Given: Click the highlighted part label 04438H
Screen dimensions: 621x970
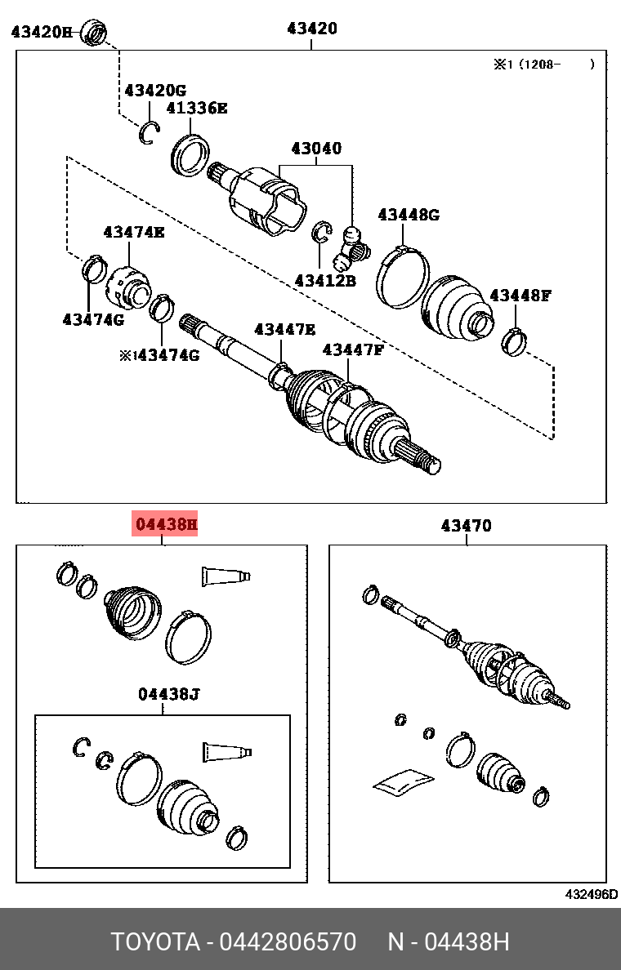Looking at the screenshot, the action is point(166,524).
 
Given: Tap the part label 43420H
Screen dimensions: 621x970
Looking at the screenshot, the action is point(42,31).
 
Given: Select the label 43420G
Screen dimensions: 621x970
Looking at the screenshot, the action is point(155,91).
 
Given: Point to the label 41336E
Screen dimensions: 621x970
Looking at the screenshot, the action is point(197,109).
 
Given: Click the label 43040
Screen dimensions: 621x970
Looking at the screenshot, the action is point(316,149).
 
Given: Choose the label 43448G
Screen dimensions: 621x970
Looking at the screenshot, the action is point(409,215).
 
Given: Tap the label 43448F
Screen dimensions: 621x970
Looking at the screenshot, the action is point(520,295).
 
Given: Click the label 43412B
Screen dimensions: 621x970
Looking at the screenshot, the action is point(325,280).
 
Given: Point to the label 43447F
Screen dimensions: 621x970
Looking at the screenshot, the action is point(353,350).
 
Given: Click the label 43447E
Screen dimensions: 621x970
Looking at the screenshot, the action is point(285,329).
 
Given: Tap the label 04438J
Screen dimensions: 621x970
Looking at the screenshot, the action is point(168,694).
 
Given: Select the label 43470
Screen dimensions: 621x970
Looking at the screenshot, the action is point(467,526).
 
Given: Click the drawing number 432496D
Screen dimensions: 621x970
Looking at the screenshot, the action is point(592,894).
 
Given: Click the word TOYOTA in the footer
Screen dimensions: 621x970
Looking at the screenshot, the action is point(155,942).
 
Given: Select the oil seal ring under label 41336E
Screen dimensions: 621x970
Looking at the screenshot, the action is point(190,154).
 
